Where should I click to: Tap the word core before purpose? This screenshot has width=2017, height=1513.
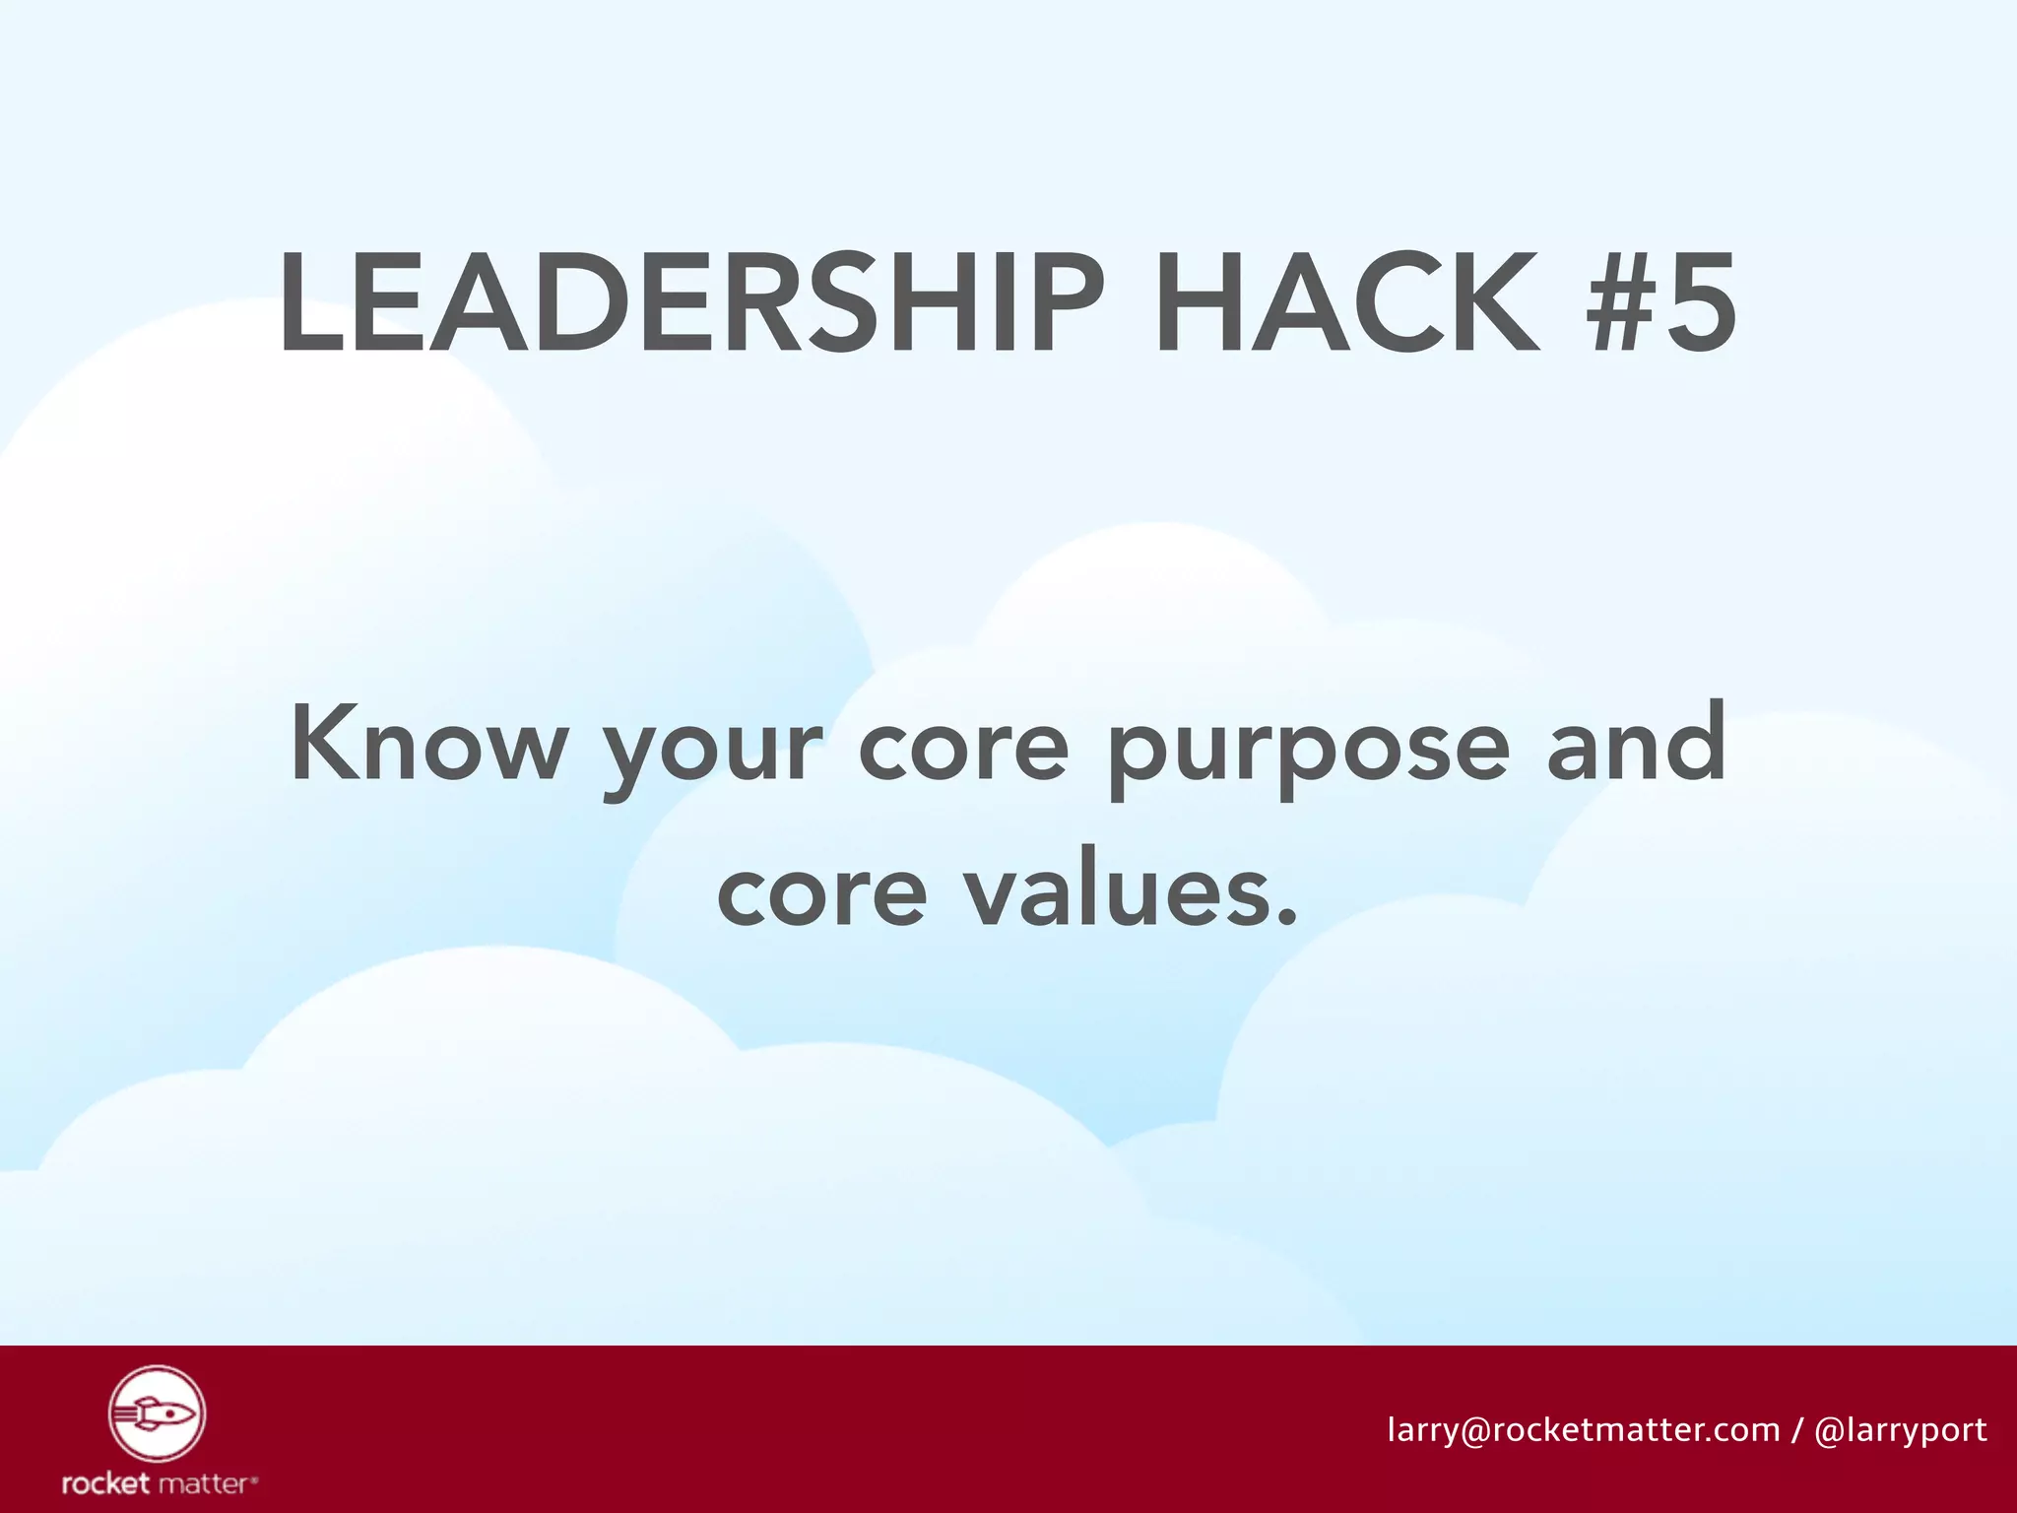(x=962, y=748)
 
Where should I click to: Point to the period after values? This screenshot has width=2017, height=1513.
(x=1285, y=921)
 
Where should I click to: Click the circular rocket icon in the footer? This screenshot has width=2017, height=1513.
(x=157, y=1414)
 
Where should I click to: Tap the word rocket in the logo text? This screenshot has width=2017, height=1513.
(x=105, y=1483)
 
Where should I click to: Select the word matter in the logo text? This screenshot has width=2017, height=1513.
(x=206, y=1483)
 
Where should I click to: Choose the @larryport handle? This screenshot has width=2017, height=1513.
(x=1900, y=1430)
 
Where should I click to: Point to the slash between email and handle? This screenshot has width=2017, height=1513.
(x=1797, y=1429)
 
